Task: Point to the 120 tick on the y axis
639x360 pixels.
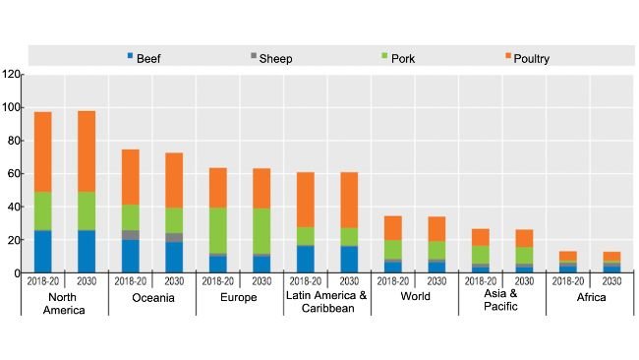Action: [11, 75]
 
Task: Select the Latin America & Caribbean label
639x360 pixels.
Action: [326, 303]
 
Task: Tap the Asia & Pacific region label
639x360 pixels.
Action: [501, 303]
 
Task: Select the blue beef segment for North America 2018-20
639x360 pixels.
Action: [43, 252]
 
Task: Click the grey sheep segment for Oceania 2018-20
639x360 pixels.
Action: [131, 235]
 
